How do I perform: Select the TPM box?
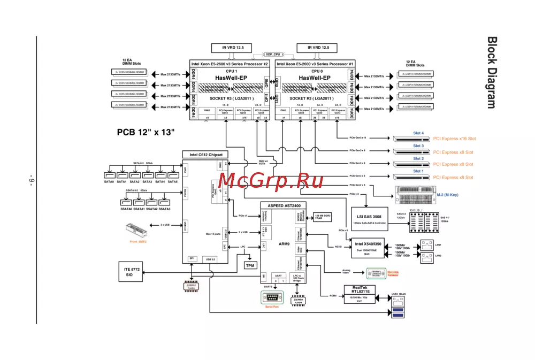pos(250,265)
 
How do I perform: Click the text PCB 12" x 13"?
pos(146,132)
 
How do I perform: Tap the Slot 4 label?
pos(418,133)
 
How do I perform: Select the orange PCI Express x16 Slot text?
pos(454,139)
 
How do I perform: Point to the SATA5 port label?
pos(173,182)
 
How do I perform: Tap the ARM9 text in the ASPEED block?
pos(284,244)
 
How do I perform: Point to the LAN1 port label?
pos(438,244)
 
